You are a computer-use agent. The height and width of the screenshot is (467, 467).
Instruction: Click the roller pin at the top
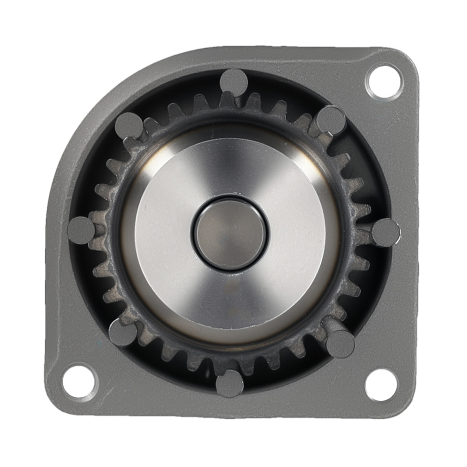click(x=233, y=82)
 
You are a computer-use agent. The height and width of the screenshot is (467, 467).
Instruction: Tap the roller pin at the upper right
click(x=331, y=120)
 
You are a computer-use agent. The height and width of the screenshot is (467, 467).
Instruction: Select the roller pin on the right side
click(x=386, y=232)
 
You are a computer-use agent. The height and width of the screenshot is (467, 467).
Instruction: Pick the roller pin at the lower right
click(x=340, y=343)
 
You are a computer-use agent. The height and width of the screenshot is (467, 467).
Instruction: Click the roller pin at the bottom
click(x=230, y=383)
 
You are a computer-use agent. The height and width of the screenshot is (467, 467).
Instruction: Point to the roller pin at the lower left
click(x=123, y=333)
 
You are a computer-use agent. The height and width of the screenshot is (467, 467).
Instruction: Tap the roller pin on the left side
click(x=81, y=230)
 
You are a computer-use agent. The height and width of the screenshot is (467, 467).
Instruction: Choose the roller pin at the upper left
click(x=128, y=125)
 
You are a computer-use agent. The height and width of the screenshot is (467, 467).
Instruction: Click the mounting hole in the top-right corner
click(x=383, y=81)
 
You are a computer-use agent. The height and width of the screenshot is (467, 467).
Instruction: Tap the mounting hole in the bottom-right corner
click(x=381, y=384)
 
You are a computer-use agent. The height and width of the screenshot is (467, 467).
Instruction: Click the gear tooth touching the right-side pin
click(x=362, y=232)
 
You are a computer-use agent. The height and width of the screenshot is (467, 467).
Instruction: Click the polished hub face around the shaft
click(x=290, y=262)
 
